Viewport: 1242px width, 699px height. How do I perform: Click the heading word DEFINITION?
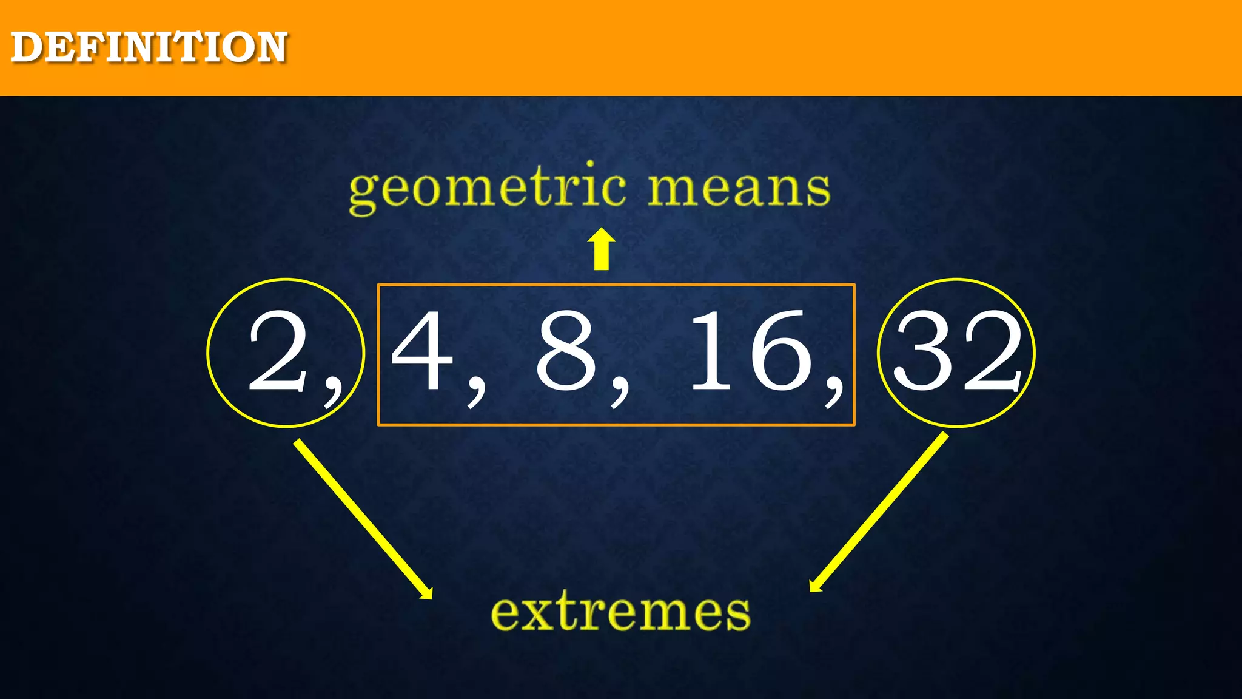click(149, 47)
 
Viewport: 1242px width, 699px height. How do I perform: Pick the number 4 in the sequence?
click(423, 351)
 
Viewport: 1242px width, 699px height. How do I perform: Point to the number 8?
click(566, 351)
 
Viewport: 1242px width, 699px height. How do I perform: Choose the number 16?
click(751, 351)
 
